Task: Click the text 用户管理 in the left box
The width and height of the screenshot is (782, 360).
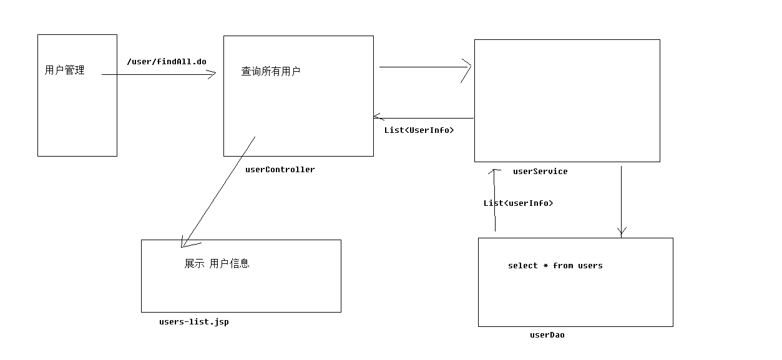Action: click(64, 71)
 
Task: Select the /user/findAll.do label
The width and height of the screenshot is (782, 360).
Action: click(166, 62)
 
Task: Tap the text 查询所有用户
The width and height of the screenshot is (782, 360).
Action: click(271, 72)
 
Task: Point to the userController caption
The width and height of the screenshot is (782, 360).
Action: click(280, 170)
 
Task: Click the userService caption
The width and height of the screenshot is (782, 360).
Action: click(540, 172)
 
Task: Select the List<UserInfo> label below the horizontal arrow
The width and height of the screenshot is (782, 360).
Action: click(419, 130)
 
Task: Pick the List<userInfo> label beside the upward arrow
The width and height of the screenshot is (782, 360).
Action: click(518, 203)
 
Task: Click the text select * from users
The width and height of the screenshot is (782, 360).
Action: click(555, 266)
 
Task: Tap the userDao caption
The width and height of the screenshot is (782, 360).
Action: click(547, 335)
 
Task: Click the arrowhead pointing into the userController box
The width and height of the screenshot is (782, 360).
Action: click(212, 74)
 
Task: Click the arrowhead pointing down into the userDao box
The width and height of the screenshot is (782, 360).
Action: click(621, 232)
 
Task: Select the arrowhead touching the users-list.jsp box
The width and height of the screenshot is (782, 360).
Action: click(185, 241)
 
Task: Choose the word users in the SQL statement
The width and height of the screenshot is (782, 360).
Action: click(590, 266)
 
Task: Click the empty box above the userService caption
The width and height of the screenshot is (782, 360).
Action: click(567, 100)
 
